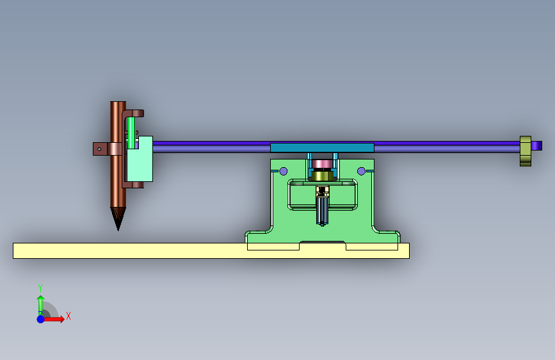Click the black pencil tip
click(118, 218)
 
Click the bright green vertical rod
click(131, 133)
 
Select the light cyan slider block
click(140, 160)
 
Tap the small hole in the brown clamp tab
click(99, 149)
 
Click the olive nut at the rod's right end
click(526, 151)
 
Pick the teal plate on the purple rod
click(322, 148)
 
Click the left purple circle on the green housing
click(284, 172)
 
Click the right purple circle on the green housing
click(362, 172)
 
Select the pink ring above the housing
click(322, 164)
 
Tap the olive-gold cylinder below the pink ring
click(322, 176)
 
